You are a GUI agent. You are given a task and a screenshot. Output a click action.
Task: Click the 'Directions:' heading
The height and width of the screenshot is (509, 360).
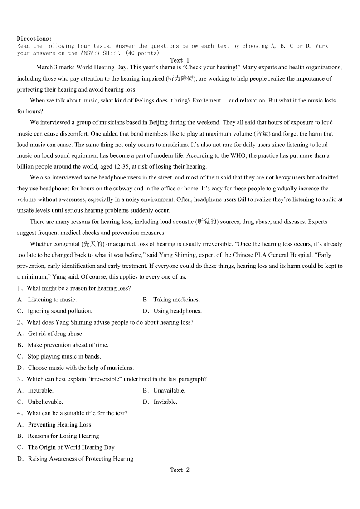pos(34,39)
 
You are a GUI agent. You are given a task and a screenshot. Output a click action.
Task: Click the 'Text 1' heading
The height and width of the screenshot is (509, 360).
pos(180,60)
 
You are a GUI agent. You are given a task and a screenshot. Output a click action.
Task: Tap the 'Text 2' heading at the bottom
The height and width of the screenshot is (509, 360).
pos(180,470)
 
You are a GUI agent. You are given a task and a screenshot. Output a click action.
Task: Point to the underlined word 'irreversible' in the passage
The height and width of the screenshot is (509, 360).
pos(217,244)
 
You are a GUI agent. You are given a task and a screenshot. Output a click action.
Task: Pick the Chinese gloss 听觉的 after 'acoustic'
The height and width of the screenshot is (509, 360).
pos(207,222)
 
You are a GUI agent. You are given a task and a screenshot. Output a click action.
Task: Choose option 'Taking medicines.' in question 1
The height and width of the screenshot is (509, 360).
pos(176,300)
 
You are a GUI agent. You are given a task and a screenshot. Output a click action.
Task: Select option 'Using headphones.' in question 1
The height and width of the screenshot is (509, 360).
pos(177,311)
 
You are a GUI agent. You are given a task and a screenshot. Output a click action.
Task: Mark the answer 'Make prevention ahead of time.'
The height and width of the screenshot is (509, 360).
pos(68,345)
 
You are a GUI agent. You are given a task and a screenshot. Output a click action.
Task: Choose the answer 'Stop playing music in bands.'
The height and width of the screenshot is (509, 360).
pos(64,356)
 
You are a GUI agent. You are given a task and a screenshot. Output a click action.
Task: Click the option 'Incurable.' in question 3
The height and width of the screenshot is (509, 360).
pos(41,390)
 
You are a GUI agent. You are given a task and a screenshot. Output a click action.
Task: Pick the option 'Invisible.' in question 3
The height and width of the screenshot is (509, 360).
pos(165,402)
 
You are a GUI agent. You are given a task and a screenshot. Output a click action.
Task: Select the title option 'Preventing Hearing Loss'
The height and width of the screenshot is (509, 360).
pos(59,425)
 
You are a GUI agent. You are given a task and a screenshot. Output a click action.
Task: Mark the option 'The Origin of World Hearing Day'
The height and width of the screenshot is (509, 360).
pos(71,447)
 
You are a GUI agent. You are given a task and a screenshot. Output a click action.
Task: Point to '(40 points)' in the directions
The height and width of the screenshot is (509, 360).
pos(142,53)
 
